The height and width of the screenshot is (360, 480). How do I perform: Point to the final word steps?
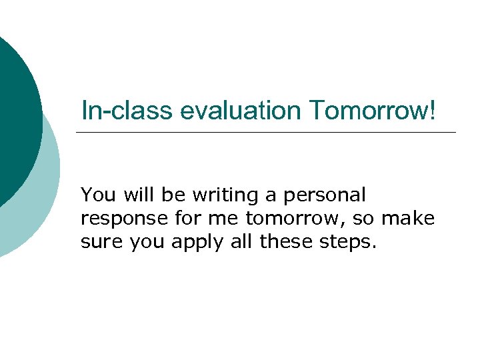pyautogui.click(x=351, y=242)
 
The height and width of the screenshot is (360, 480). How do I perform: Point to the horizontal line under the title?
pyautogui.click(x=267, y=132)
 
